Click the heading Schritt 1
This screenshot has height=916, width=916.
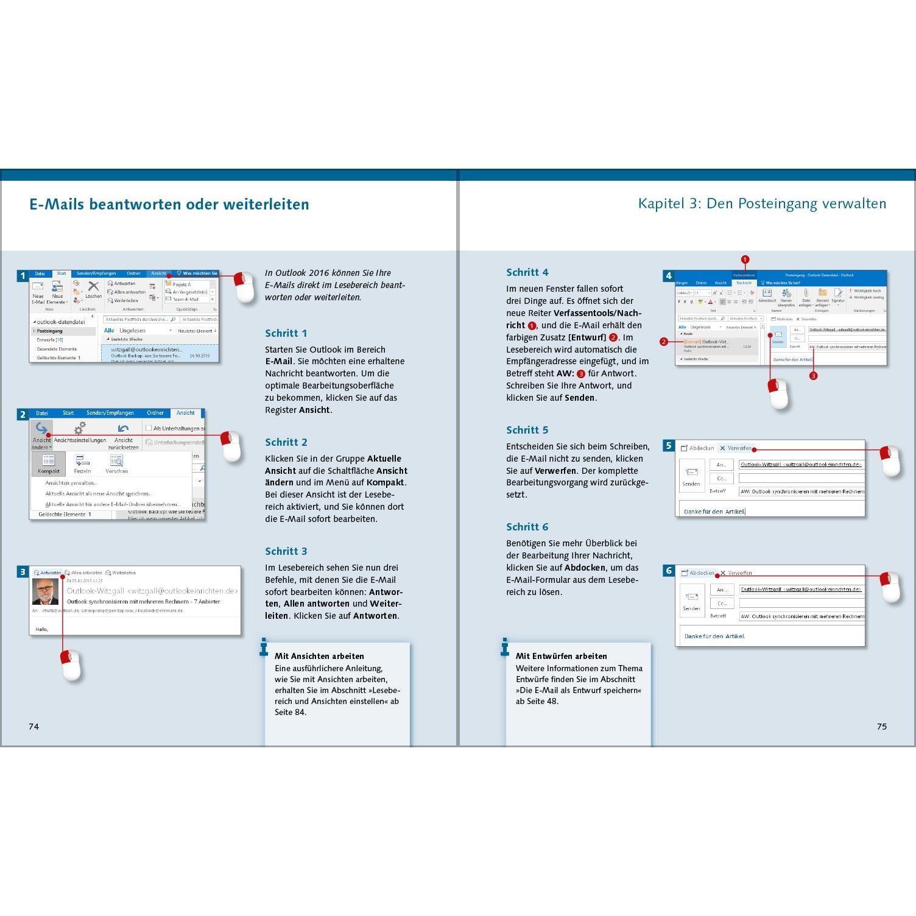(286, 333)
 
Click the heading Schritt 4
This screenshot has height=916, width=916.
(527, 272)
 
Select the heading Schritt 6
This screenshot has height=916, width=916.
(527, 527)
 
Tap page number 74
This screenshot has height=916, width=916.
(33, 726)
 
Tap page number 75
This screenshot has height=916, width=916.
(881, 726)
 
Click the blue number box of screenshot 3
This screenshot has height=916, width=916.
(23, 572)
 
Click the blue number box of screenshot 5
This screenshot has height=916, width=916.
(669, 446)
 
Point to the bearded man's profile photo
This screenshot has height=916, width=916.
(46, 592)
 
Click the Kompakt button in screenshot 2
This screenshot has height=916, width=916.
(49, 463)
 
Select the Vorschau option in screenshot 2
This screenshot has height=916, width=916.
(116, 463)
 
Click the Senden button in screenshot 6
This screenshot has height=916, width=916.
(691, 601)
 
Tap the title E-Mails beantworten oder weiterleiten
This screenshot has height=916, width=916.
(169, 204)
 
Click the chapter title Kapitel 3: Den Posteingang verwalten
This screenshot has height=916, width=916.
(762, 203)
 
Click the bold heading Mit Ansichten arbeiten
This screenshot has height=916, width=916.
(319, 656)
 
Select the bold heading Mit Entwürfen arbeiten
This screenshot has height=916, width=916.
(561, 656)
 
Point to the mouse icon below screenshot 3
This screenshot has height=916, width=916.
(71, 664)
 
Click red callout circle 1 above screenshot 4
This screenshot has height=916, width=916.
(745, 259)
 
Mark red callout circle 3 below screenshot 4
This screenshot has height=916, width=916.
(813, 376)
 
